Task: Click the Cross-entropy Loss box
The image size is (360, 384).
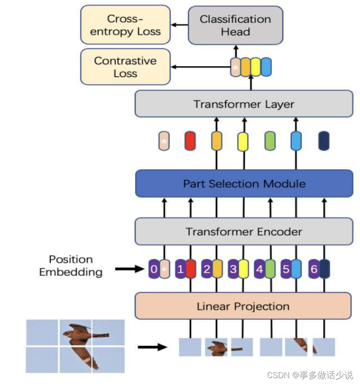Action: [x=125, y=26]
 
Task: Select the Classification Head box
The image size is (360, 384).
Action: [x=235, y=26]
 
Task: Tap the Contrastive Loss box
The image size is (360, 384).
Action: [x=125, y=67]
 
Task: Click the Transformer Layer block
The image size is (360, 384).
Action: [x=244, y=104]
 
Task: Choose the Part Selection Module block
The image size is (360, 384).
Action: [x=244, y=183]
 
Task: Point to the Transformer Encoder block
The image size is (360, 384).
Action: [x=244, y=232]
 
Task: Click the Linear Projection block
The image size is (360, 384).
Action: [x=243, y=306]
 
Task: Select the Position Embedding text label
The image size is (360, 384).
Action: [x=70, y=266]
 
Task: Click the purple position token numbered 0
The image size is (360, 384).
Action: [x=154, y=269]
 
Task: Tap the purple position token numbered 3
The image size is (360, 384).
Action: [x=233, y=269]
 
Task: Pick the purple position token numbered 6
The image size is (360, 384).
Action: [x=314, y=269]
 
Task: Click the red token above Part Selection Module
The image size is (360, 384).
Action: [x=190, y=141]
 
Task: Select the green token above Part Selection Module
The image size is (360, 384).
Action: [x=270, y=141]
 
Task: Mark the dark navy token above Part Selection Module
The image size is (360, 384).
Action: [x=323, y=141]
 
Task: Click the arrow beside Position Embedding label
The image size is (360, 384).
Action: [x=129, y=269]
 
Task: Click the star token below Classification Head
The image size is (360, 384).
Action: [x=235, y=68]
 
